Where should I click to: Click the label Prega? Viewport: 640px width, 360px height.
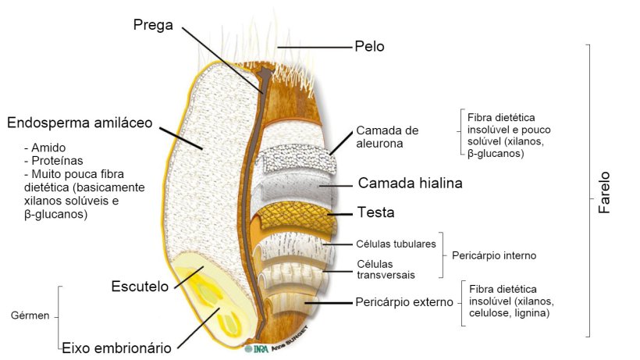coord(154,24)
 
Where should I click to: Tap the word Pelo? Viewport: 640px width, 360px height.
coord(369,47)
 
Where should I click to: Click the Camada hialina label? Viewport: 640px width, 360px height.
coord(410,184)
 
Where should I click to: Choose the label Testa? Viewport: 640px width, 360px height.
coord(376,212)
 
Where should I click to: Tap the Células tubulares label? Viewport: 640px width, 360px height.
coord(396,244)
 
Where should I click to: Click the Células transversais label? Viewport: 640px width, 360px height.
coord(386,269)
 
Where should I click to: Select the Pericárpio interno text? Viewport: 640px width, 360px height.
coord(494,255)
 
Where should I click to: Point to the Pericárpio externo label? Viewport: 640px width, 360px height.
coord(404,301)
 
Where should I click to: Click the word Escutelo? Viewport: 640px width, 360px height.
coord(140,287)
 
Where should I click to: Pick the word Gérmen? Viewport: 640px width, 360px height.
coord(30,316)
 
